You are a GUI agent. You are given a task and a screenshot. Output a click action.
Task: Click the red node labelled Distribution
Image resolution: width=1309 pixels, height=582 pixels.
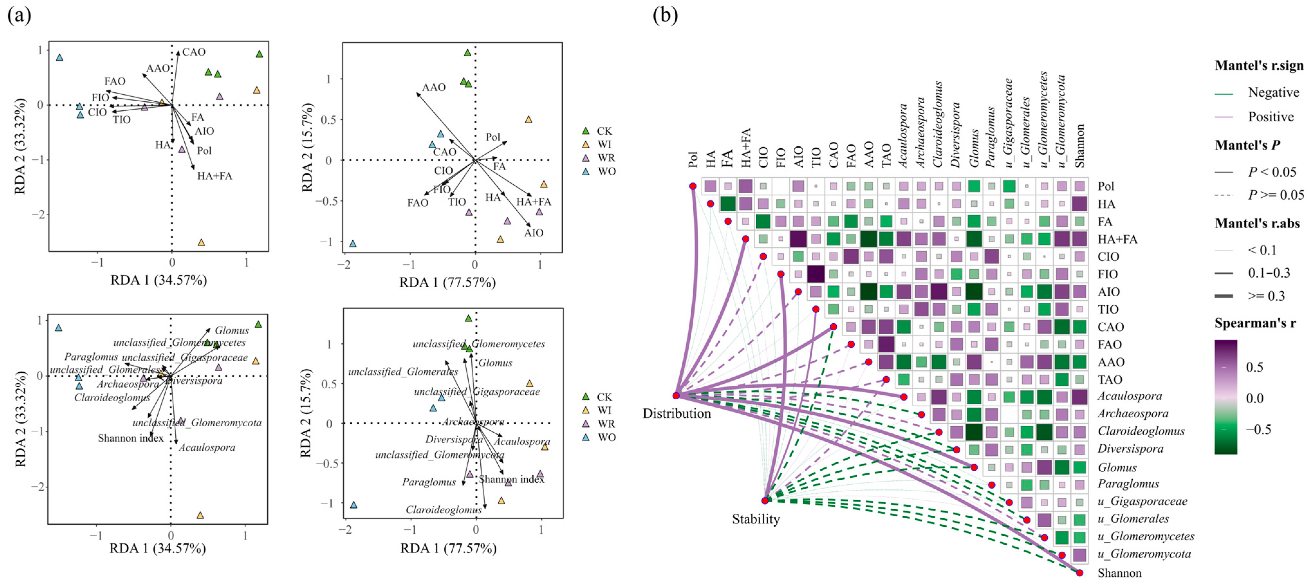pos(676,395)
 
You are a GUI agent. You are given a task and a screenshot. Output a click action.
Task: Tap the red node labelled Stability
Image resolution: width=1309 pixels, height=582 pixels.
pos(765,501)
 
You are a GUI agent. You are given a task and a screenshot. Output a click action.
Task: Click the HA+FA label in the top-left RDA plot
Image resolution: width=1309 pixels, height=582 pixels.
pos(215,176)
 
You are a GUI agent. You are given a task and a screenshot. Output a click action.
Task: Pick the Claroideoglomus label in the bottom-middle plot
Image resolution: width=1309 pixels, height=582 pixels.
pos(444,509)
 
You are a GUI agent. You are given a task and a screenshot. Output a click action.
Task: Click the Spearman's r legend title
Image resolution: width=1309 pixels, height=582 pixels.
pos(1255,323)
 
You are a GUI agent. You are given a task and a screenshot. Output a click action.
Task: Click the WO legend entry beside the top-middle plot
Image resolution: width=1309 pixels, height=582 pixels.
pos(606,171)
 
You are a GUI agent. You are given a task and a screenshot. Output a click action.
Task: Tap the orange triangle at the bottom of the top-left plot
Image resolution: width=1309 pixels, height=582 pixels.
pos(201,243)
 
